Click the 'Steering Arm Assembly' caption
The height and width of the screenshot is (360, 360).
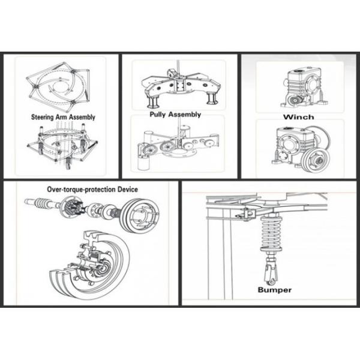pyautogui.click(x=63, y=118)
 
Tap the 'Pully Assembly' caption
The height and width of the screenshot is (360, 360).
pyautogui.click(x=175, y=114)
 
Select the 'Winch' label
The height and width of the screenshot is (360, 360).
pyautogui.click(x=299, y=117)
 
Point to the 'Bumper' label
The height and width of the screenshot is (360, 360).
pyautogui.click(x=274, y=290)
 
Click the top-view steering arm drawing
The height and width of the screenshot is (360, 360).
pyautogui.click(x=59, y=88)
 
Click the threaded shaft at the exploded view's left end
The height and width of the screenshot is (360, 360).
pyautogui.click(x=38, y=203)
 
